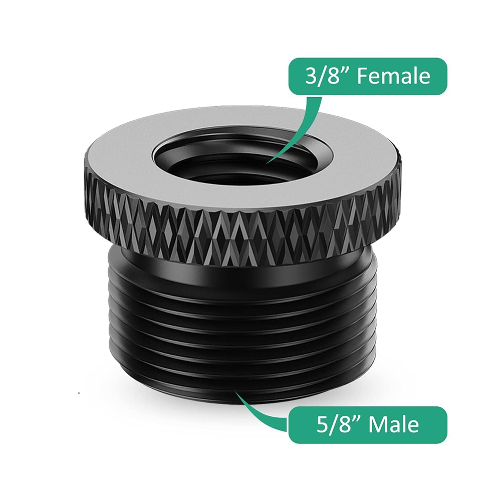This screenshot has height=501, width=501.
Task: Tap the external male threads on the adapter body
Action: click(x=240, y=321)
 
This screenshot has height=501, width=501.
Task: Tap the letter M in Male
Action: click(x=376, y=425)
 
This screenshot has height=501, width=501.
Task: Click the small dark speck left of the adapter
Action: click(x=79, y=394)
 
